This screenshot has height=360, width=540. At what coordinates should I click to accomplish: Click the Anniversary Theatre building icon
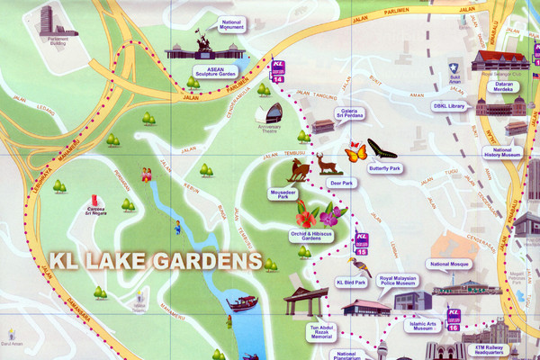pyautogui.click(x=268, y=113)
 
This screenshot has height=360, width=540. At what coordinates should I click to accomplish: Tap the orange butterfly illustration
pyautogui.click(x=356, y=153)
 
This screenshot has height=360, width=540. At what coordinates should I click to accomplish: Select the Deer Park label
pyautogui.click(x=343, y=183)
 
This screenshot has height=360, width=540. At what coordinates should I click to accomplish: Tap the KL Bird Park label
pyautogui.click(x=352, y=283)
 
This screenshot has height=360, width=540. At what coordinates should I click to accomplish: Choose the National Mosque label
pyautogui.click(x=452, y=265)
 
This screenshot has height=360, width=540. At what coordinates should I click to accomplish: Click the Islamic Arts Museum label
pyautogui.click(x=420, y=326)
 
